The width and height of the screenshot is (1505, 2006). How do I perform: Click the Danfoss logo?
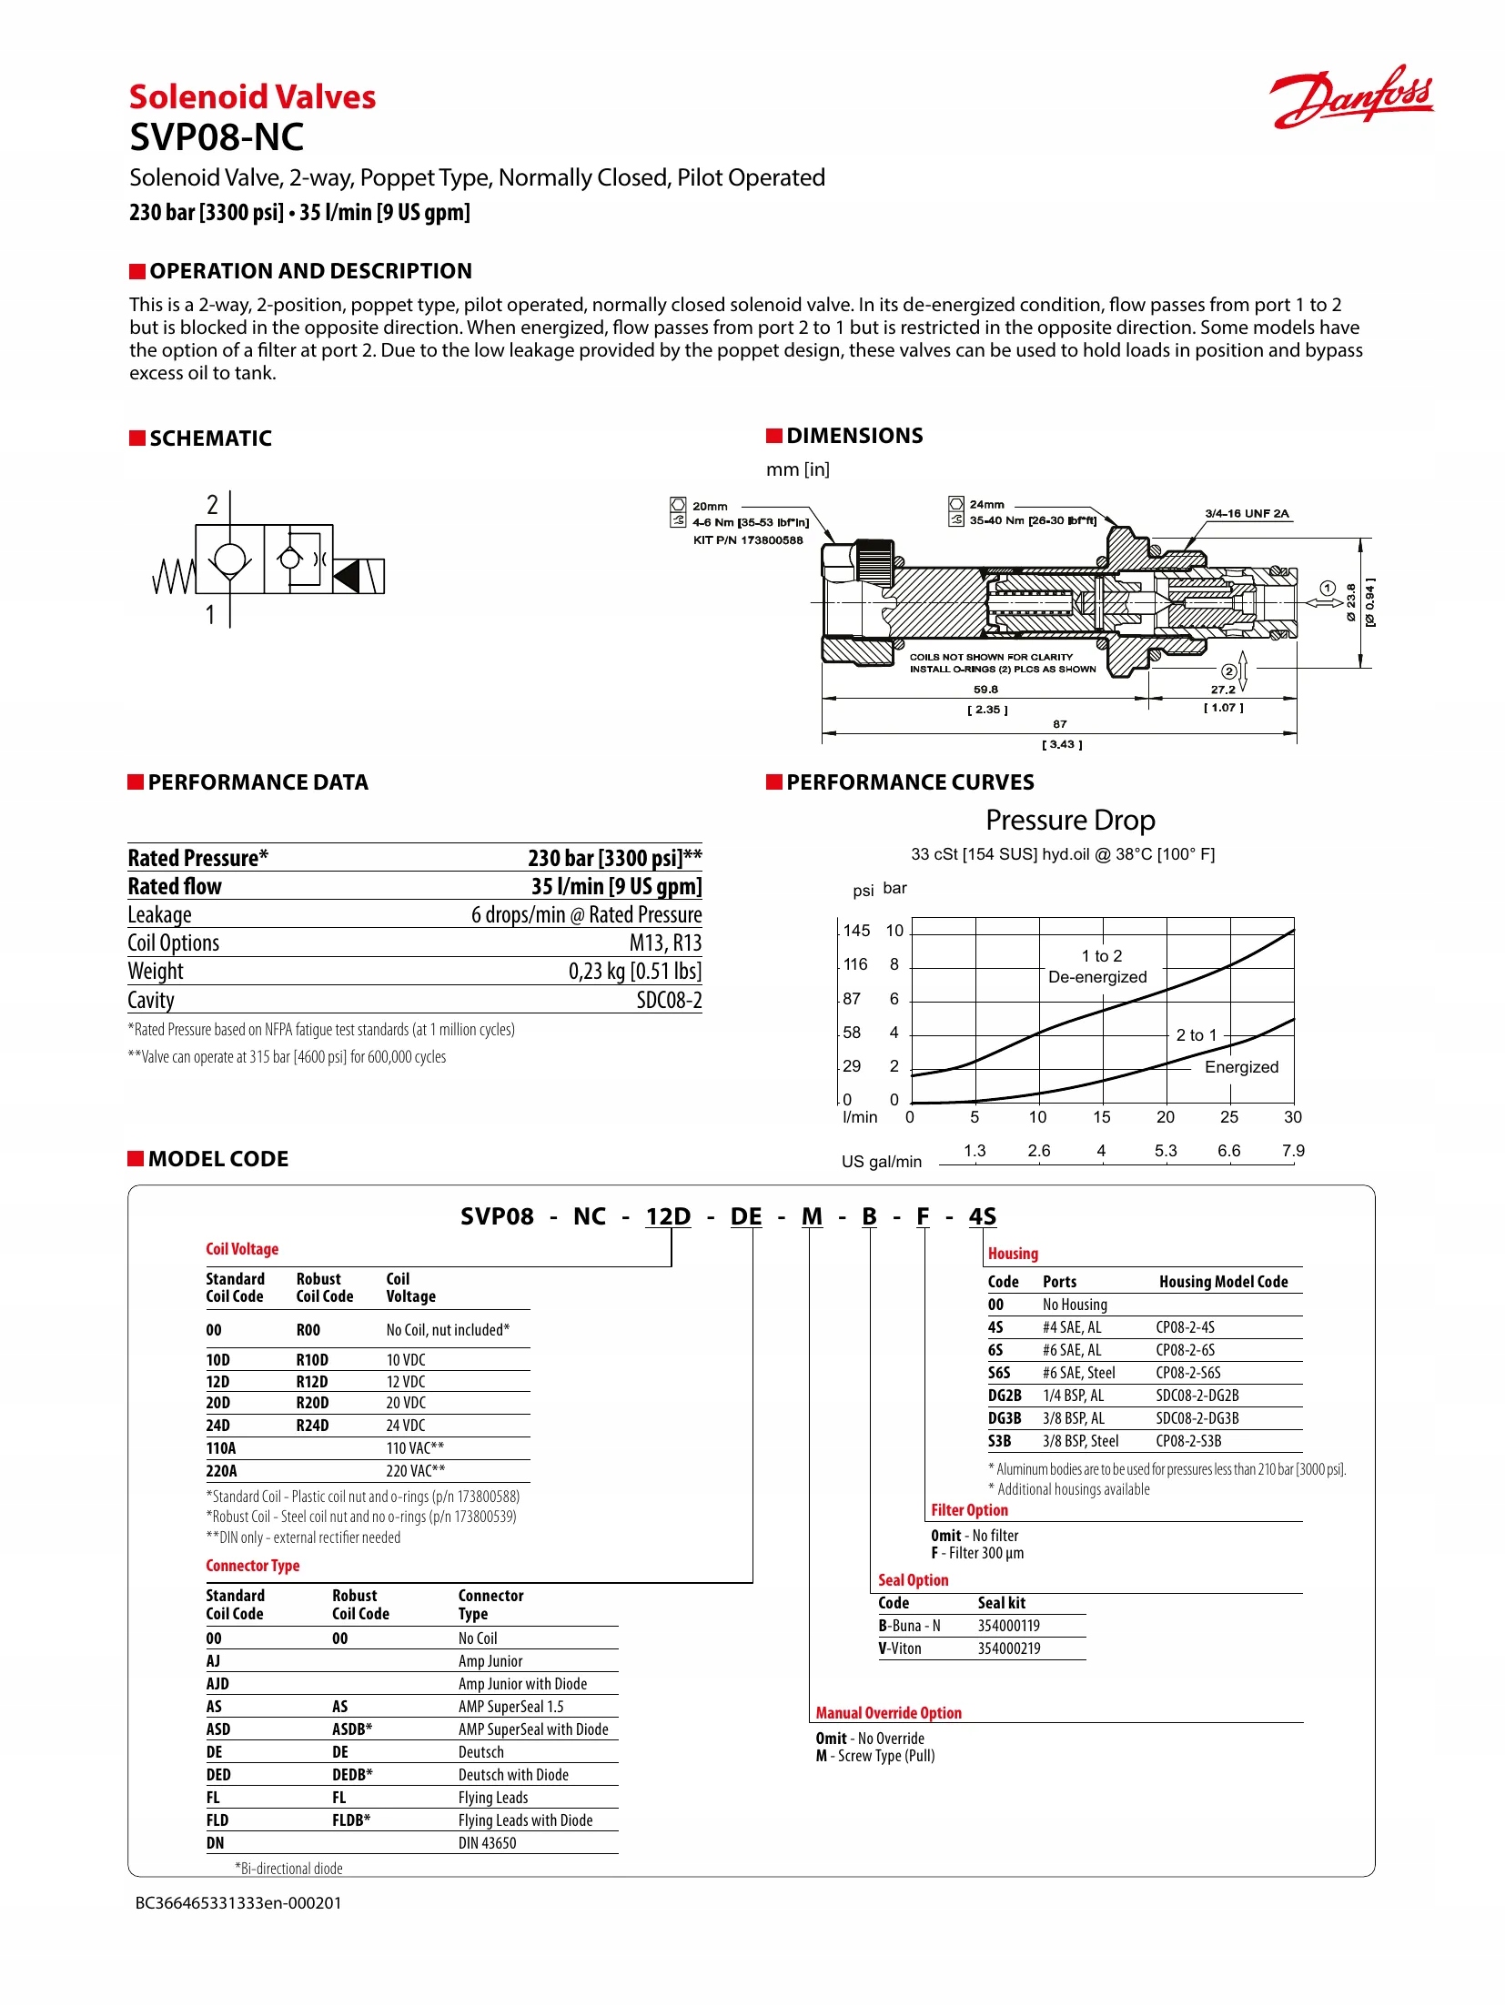click(1351, 97)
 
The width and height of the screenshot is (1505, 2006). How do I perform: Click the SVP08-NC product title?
click(217, 138)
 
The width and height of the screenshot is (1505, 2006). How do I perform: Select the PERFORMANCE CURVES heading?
click(909, 782)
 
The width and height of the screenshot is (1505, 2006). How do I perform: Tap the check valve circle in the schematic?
click(229, 559)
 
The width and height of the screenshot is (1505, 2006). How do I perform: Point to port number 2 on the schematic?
click(212, 505)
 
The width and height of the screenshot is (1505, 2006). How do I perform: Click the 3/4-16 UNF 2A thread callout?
click(1247, 514)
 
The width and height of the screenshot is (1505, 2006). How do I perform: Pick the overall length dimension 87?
click(1059, 724)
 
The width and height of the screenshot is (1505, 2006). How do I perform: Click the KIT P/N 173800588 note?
click(747, 540)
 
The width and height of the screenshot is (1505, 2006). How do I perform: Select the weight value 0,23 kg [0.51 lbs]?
click(634, 972)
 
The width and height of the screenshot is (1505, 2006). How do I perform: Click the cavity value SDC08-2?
click(669, 1001)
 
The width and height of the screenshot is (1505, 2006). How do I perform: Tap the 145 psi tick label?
click(856, 931)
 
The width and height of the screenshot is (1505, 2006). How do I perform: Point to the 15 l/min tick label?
click(1101, 1117)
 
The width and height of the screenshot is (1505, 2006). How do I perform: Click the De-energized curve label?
click(1097, 977)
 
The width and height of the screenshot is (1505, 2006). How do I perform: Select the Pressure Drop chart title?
click(1070, 821)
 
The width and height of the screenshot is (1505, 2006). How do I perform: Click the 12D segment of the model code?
click(668, 1217)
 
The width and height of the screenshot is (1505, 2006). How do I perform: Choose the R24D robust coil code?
click(312, 1426)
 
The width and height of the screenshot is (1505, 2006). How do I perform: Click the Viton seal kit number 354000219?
click(1008, 1648)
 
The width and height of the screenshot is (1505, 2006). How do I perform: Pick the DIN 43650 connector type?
click(487, 1843)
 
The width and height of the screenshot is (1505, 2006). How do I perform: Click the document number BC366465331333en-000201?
click(238, 1902)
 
